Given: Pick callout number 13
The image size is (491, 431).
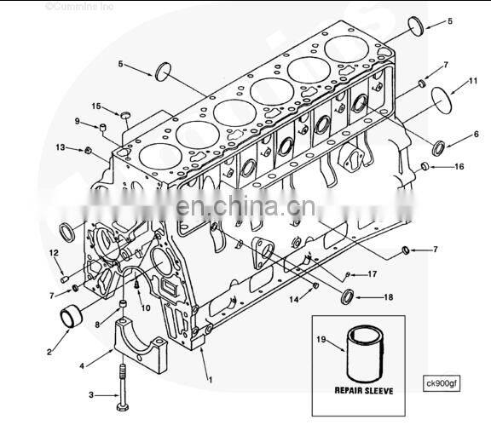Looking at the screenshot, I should (x=61, y=147).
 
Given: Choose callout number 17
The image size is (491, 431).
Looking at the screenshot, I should (x=372, y=273).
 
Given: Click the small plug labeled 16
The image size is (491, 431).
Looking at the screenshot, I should (x=425, y=165).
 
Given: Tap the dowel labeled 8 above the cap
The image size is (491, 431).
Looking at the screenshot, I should (x=124, y=304).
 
